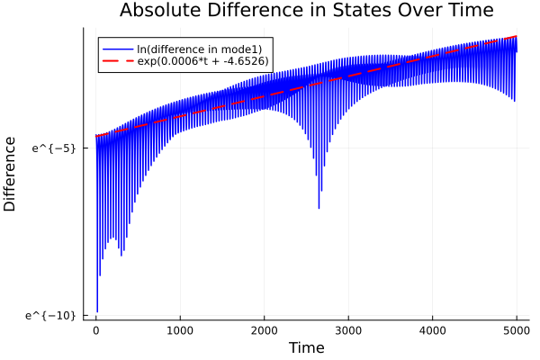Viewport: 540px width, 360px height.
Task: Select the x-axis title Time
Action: point(306,347)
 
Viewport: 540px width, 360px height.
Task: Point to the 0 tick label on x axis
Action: point(96,329)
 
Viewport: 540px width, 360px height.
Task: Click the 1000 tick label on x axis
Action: point(180,329)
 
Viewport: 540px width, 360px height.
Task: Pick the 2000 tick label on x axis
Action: point(265,329)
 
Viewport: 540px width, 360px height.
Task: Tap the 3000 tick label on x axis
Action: point(348,329)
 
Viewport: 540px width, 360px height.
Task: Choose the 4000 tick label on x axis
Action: point(433,329)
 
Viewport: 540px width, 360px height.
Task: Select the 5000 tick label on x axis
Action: point(517,329)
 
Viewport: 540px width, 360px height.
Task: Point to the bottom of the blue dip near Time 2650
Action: point(319,208)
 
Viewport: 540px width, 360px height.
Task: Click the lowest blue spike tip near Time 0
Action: point(97,311)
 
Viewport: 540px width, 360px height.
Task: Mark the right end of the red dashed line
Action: point(517,36)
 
